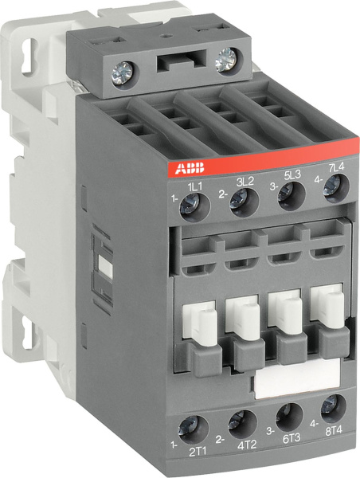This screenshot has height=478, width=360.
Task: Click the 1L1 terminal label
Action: coord(194,186)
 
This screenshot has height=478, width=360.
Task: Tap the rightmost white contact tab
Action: coord(327,306)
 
